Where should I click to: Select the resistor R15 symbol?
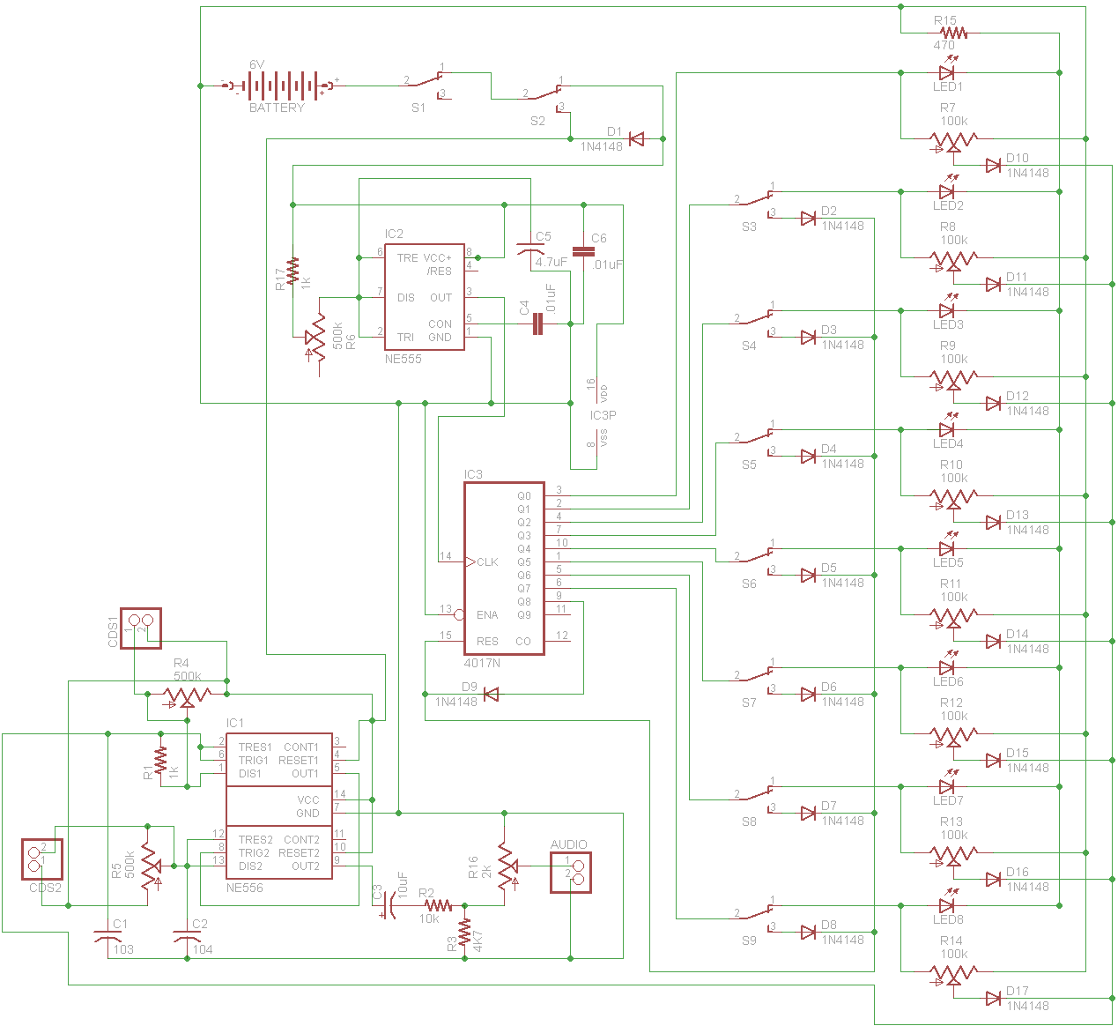pyautogui.click(x=952, y=33)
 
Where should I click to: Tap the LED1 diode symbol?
pyautogui.click(x=948, y=72)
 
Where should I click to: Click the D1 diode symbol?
pyautogui.click(x=636, y=138)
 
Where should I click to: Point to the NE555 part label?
pyautogui.click(x=403, y=359)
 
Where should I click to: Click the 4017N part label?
pyautogui.click(x=482, y=663)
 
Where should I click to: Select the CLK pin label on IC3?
pyautogui.click(x=487, y=561)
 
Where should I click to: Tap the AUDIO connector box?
pyautogui.click(x=570, y=873)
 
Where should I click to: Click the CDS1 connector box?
pyautogui.click(x=140, y=628)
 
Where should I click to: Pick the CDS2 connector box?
pyautogui.click(x=42, y=859)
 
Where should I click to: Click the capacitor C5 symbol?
pyautogui.click(x=529, y=252)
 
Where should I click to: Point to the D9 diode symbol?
pyautogui.click(x=491, y=695)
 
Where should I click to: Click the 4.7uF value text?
pyautogui.click(x=552, y=262)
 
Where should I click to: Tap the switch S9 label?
pyautogui.click(x=749, y=940)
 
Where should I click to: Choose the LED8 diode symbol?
pyautogui.click(x=948, y=905)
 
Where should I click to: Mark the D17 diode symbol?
pyautogui.click(x=993, y=999)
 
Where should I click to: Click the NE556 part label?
pyautogui.click(x=244, y=888)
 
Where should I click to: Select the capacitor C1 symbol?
pyautogui.click(x=107, y=937)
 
